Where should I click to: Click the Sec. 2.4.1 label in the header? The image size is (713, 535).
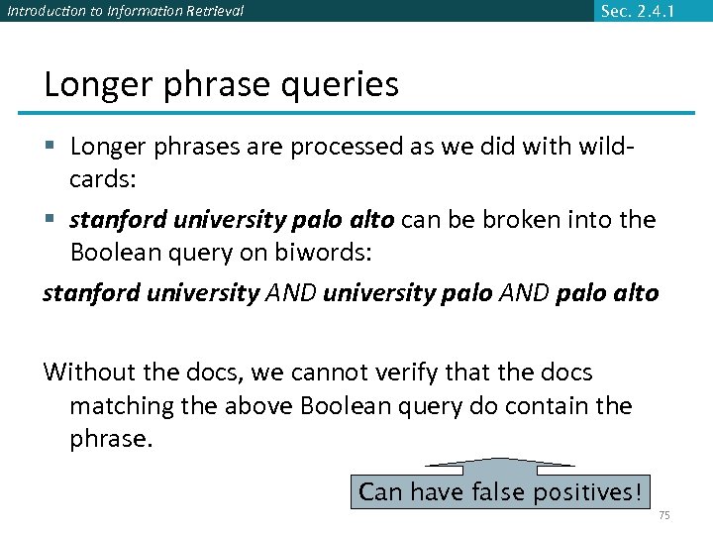click(638, 11)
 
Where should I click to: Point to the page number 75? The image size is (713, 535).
click(663, 516)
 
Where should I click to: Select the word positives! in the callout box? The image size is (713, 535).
click(588, 492)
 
